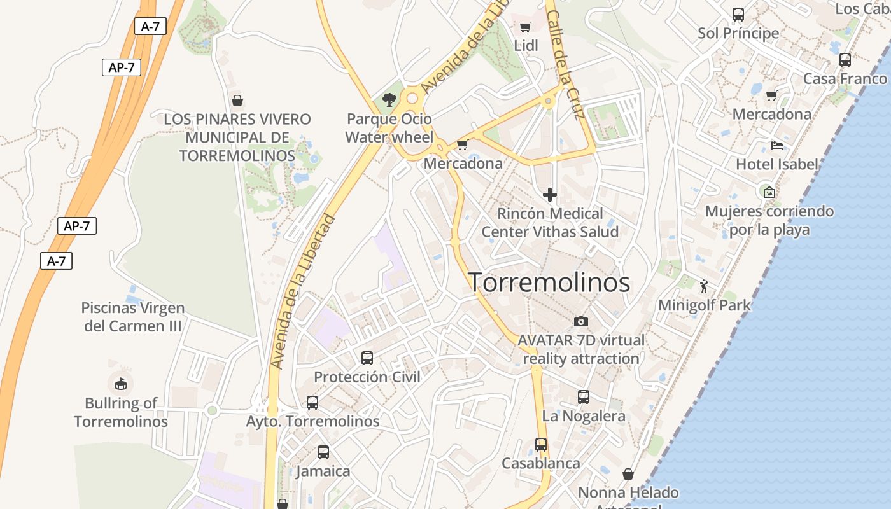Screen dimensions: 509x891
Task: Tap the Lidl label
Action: (x=526, y=46)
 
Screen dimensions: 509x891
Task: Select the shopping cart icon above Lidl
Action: (x=525, y=27)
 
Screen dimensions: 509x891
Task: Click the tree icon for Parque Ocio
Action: (x=389, y=99)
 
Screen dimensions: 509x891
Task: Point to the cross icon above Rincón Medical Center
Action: (x=550, y=194)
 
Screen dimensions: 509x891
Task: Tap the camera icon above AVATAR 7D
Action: (x=580, y=321)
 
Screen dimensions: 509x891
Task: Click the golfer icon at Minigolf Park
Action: (x=703, y=286)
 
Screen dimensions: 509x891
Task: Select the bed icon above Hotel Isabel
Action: (x=776, y=146)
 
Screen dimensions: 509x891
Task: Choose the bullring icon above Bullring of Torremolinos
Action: (x=120, y=384)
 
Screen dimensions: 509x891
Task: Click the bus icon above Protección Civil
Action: (x=367, y=358)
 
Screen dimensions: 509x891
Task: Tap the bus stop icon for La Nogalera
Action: (x=584, y=397)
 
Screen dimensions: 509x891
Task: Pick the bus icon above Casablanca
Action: (x=541, y=445)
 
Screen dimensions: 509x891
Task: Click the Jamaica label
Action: (x=323, y=471)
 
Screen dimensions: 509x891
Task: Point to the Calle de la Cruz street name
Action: (x=565, y=66)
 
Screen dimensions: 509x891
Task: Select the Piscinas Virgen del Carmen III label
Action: (x=133, y=317)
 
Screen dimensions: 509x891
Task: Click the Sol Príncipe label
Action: (x=738, y=33)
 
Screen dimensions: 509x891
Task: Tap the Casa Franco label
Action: (x=845, y=79)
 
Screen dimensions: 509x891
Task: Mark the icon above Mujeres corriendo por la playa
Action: (x=769, y=191)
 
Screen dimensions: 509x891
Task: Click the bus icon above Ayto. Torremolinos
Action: (x=312, y=402)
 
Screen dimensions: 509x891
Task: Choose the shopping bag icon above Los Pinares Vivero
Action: (x=237, y=100)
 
